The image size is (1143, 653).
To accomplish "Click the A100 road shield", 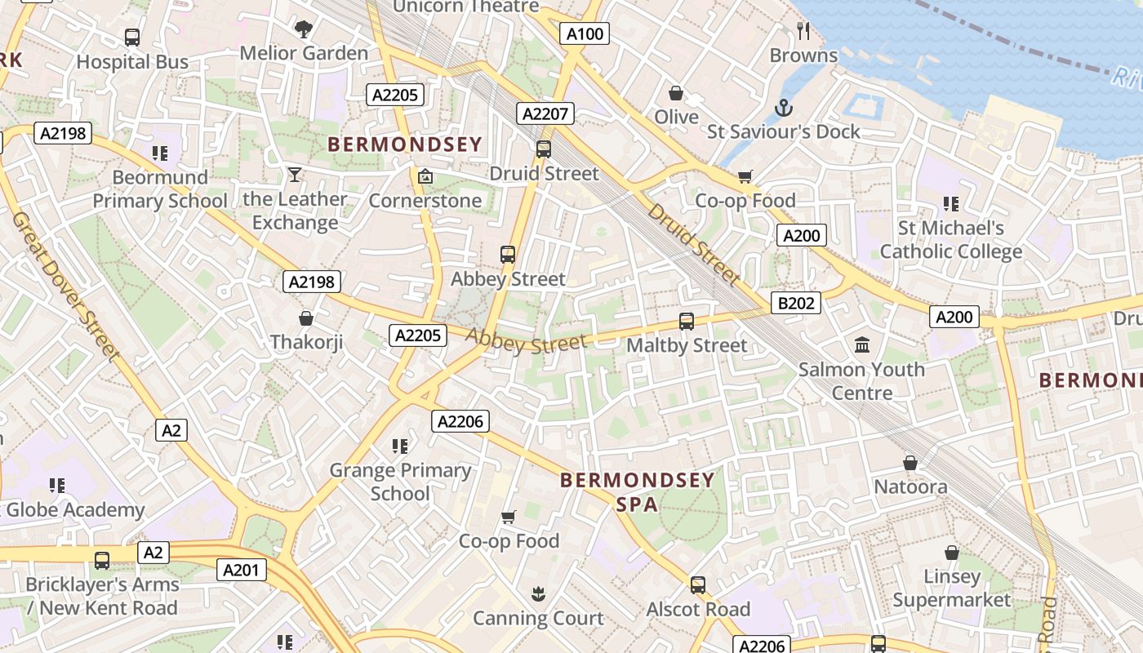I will tap(585, 33).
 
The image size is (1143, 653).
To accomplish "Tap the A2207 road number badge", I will tap(545, 113).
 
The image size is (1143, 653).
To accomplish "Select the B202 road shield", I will tap(796, 304).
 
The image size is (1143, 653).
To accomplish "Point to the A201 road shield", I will tap(242, 570).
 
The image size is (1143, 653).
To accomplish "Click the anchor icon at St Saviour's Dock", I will tap(783, 108).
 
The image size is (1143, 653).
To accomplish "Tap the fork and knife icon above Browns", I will tap(803, 31).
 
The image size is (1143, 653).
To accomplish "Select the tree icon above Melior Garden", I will tap(304, 29).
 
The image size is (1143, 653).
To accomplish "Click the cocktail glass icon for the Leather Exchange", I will tap(295, 175).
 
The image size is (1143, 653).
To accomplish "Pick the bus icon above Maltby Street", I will tap(687, 322).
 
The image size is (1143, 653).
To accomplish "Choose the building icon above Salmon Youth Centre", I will tap(862, 345).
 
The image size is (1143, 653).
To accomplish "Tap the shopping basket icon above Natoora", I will tap(910, 464).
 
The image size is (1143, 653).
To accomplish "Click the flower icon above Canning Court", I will tap(538, 594).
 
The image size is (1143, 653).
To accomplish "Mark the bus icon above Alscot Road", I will tap(698, 585).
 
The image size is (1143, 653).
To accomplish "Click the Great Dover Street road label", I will tap(65, 286).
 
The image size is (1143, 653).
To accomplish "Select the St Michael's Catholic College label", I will tap(950, 240).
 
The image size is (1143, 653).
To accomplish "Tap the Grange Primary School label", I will tap(400, 482).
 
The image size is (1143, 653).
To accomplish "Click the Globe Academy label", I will tap(74, 510).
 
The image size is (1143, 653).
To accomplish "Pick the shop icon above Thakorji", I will tap(306, 318).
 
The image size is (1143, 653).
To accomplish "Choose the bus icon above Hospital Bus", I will tap(132, 38).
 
